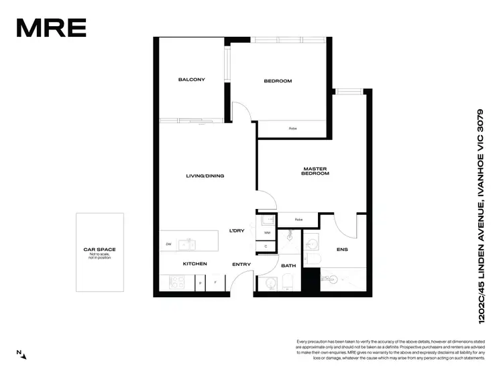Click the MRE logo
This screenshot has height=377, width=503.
point(51,27)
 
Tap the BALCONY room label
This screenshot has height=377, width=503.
point(191,80)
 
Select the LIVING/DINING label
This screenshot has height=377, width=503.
point(205,176)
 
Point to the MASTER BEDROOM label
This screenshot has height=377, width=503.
point(316,171)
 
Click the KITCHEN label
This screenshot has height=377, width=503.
point(195,264)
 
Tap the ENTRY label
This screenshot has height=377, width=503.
point(241,265)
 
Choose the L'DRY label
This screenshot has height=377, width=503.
point(236,231)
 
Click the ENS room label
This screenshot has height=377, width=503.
point(342,250)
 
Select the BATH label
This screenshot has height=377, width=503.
point(288,266)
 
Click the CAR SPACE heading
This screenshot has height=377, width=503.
point(99,249)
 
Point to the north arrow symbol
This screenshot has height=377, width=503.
point(22,354)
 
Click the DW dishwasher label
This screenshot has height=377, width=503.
point(168,244)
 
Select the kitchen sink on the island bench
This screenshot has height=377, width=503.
point(190,243)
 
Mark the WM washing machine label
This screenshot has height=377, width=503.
point(267,233)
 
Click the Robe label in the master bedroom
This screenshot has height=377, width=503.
point(298,219)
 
